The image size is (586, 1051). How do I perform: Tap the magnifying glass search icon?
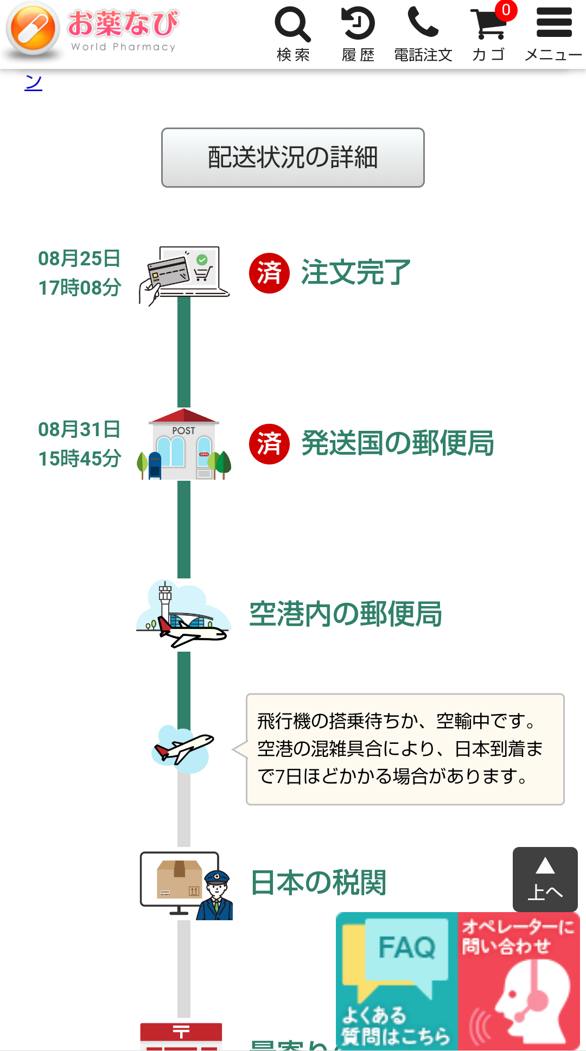tap(292, 24)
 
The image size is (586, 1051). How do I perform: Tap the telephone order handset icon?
tap(423, 22)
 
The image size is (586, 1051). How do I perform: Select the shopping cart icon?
tap(488, 26)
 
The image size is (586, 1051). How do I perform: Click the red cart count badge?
tap(506, 10)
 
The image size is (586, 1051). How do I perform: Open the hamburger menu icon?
tap(553, 23)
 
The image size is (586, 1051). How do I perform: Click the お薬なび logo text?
tap(123, 23)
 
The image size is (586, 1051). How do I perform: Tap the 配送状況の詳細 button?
tap(292, 157)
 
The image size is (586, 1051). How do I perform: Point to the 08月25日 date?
tap(79, 258)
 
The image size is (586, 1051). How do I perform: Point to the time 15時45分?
tap(79, 458)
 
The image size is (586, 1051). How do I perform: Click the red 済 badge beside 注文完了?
tap(269, 273)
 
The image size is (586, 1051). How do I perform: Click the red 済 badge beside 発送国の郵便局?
tap(269, 444)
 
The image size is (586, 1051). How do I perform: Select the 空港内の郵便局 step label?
tap(346, 614)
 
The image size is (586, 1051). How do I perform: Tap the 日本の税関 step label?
tap(319, 883)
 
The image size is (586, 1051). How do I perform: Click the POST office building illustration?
tap(184, 445)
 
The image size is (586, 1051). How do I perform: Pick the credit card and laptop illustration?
tap(184, 273)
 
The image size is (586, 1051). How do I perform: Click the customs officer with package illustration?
tap(186, 886)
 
